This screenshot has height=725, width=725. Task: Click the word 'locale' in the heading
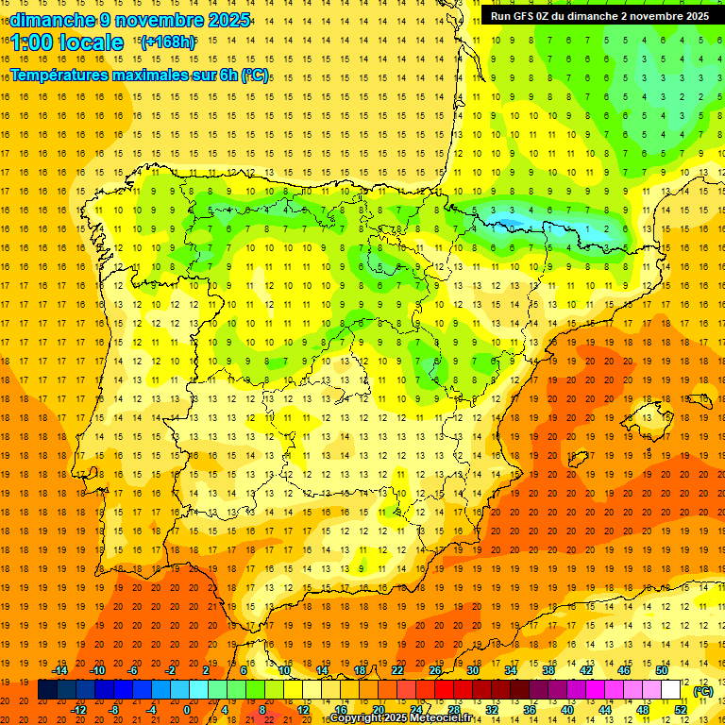[91, 42]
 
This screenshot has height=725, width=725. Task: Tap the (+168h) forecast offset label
[168, 42]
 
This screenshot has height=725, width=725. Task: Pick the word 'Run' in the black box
[501, 16]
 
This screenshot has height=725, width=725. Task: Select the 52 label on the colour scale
[681, 710]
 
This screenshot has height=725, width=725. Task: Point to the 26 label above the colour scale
[435, 670]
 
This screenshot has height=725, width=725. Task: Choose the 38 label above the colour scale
[548, 670]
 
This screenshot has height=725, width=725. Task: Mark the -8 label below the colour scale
[114, 710]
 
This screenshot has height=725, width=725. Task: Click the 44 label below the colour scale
[605, 710]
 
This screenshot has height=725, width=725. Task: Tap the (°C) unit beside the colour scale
[702, 691]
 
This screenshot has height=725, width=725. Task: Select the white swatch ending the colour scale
[671, 690]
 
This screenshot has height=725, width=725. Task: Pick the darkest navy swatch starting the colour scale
[47, 690]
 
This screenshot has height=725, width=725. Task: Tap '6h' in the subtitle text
[228, 74]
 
